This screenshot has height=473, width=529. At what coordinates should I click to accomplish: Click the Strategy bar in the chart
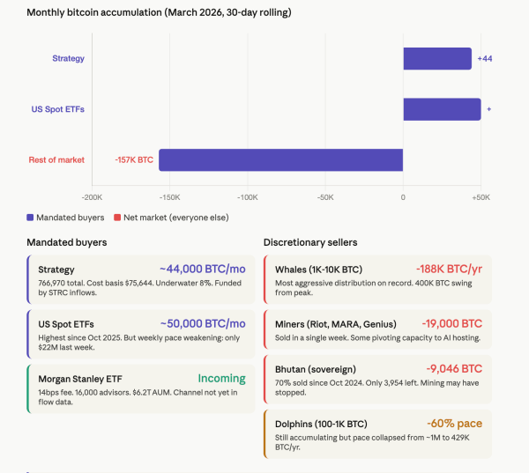[x=437, y=58]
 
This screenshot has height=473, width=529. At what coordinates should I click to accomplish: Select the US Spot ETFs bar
[x=442, y=109]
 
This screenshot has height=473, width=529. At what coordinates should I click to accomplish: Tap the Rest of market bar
[x=280, y=159]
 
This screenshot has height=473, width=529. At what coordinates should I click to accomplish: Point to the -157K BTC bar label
[x=134, y=159]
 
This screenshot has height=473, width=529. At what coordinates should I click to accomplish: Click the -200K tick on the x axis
[x=92, y=197]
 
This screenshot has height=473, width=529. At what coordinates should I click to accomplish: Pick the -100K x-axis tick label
[x=248, y=197]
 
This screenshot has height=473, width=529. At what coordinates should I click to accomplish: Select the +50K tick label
[x=481, y=197]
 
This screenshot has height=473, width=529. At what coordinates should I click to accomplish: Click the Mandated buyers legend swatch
[x=31, y=217]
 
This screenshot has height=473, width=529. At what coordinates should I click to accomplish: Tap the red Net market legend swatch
[x=116, y=217]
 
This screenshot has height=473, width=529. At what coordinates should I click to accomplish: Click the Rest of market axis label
[x=57, y=159]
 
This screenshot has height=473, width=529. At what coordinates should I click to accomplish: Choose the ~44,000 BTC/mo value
[x=202, y=269]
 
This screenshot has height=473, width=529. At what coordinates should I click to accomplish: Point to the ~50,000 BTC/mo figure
[x=202, y=323]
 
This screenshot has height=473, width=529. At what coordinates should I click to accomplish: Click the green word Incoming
[x=221, y=379]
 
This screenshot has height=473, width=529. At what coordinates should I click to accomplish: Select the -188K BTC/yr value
[x=449, y=269]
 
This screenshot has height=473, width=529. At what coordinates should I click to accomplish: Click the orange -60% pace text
[x=454, y=423]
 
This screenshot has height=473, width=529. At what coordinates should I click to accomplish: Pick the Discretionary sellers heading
[x=310, y=242]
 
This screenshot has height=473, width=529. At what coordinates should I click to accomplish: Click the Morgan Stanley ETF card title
[x=80, y=380]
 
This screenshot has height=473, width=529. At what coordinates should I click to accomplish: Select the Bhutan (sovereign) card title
[x=317, y=369]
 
